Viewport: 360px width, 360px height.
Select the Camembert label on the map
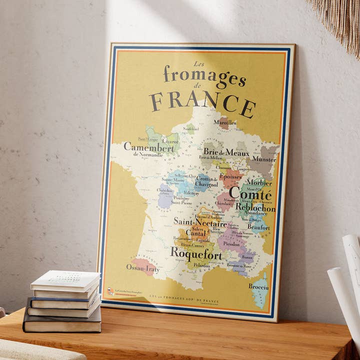pos(149,147)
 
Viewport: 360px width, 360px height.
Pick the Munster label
pos(263,159)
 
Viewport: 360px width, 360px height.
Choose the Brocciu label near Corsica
pos(258,287)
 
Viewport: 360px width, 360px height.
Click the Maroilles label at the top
pos(224,122)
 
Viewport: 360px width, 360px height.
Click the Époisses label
pos(230,177)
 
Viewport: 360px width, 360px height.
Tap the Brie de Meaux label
pos(226,151)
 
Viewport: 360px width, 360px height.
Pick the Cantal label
pos(196,232)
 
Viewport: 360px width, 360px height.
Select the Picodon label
pos(231,244)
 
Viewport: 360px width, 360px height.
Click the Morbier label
pos(259,183)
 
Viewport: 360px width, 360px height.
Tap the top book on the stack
pos(65,280)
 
